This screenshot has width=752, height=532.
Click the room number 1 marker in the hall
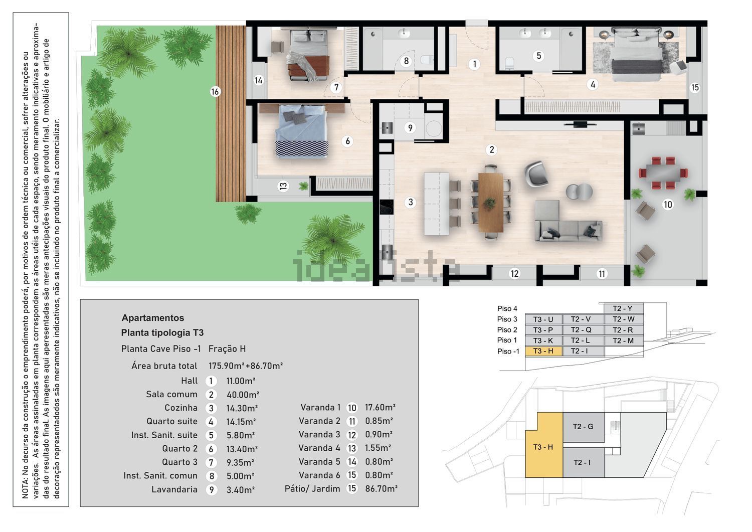(474, 64)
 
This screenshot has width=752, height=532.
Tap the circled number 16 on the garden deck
(215, 91)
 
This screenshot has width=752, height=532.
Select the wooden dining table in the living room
(490, 202)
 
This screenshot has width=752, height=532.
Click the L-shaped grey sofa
(568, 222)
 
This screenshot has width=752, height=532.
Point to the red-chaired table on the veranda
(663, 173)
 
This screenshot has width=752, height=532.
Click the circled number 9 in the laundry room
(410, 128)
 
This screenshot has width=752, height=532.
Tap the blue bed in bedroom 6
(301, 131)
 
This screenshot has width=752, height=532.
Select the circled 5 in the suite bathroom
(538, 56)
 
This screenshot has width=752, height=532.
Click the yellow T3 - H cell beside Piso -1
(543, 351)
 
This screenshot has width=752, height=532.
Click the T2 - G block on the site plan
(583, 427)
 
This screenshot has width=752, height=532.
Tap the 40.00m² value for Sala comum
(242, 394)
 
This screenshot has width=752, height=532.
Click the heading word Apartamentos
(153, 318)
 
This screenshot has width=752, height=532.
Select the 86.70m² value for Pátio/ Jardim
(381, 488)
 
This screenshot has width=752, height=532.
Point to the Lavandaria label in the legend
(174, 489)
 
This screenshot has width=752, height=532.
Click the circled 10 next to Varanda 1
(351, 408)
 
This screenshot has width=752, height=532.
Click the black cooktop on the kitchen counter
(387, 207)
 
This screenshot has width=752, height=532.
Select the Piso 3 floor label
(507, 319)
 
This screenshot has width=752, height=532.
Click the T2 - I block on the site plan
(583, 462)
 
